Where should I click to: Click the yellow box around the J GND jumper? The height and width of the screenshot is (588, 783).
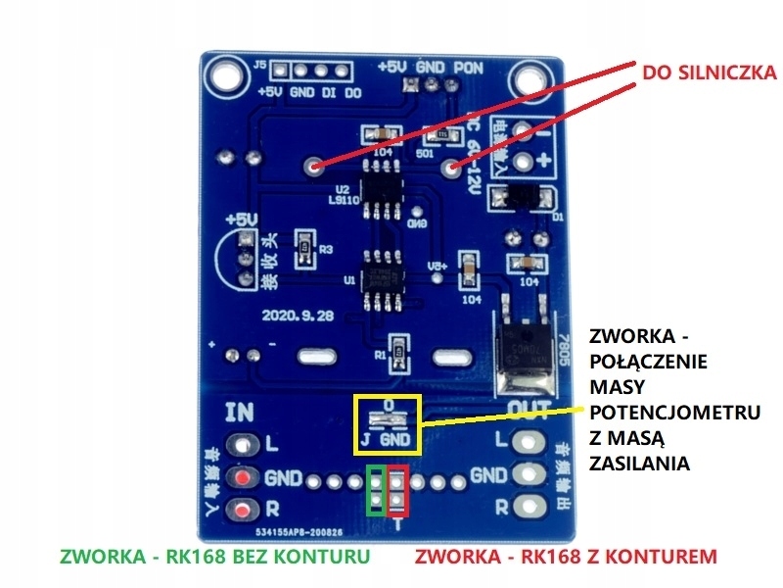pyautogui.click(x=387, y=423)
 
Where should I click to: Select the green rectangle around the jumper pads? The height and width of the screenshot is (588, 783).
pyautogui.click(x=376, y=490)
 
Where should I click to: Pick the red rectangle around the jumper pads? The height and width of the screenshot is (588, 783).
pyautogui.click(x=397, y=490)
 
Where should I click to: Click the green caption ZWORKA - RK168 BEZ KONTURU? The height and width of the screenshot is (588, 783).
pyautogui.click(x=214, y=557)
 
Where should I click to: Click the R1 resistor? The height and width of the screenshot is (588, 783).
pyautogui.click(x=397, y=352)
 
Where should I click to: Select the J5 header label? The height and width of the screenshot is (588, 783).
pyautogui.click(x=259, y=66)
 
